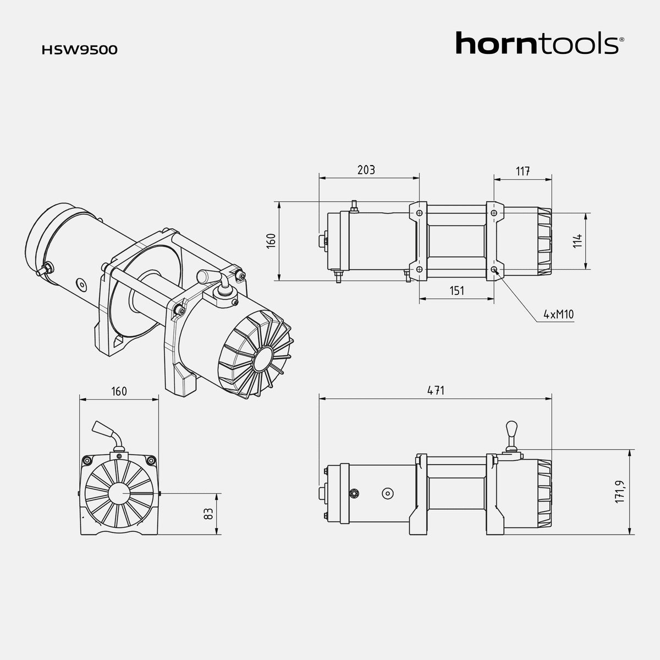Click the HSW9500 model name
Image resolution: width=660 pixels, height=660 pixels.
[79, 50]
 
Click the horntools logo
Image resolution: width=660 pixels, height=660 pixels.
[537, 43]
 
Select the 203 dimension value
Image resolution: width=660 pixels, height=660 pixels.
[366, 170]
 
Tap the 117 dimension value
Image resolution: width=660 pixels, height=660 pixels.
[523, 171]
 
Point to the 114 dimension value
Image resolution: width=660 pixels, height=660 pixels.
[578, 241]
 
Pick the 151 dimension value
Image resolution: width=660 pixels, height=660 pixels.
[457, 291]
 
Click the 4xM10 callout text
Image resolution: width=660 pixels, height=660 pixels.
[559, 314]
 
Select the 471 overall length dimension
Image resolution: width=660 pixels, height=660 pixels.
[436, 391]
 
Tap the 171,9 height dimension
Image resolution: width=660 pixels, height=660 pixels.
[620, 491]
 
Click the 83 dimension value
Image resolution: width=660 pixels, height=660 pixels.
[208, 514]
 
